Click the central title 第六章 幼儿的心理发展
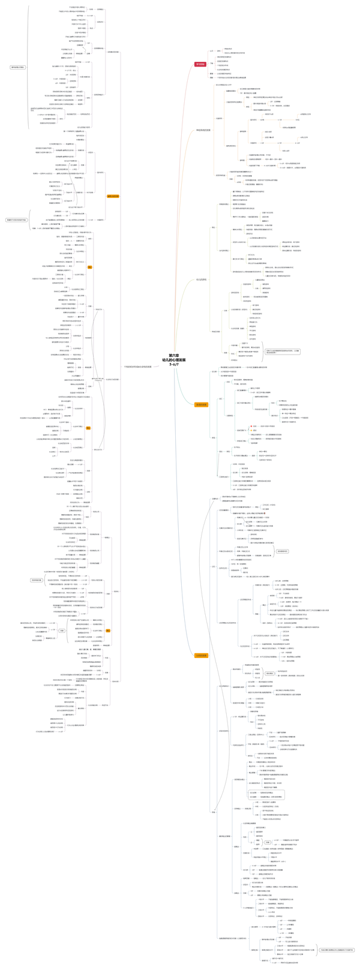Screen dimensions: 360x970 (x=173, y=359)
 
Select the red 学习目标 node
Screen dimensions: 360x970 (x=200, y=64)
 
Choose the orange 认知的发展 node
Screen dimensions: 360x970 (x=202, y=656)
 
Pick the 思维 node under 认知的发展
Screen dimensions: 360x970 (x=214, y=812)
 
